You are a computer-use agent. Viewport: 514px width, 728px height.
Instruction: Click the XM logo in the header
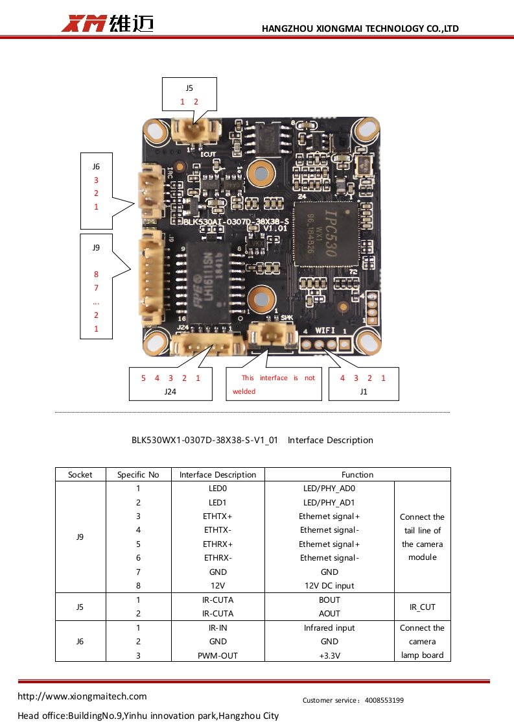coord(84,24)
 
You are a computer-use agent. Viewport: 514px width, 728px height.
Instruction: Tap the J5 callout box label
coord(189,88)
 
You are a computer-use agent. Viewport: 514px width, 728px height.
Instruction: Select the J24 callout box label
coord(170,391)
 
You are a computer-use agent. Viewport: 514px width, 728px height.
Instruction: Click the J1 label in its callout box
coord(363,391)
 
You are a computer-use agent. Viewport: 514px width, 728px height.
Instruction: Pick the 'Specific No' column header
coord(138,474)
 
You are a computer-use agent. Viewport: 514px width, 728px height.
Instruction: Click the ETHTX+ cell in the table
coord(218,516)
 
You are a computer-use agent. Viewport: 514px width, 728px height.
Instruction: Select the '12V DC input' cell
coord(329,585)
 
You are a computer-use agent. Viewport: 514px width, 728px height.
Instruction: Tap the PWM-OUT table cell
coord(218,655)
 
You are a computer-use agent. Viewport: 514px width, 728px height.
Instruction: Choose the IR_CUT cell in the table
coord(422,607)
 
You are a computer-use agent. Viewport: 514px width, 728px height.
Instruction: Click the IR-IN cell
coord(218,627)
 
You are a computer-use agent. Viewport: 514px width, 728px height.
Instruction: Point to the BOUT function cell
coord(329,600)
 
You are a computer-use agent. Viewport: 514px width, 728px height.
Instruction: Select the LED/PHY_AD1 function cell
coord(329,502)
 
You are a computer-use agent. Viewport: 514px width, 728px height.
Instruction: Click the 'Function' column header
coord(357,474)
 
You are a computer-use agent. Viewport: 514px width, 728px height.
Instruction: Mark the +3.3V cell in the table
coord(329,655)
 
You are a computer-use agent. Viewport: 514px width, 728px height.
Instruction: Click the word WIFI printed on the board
coord(325,331)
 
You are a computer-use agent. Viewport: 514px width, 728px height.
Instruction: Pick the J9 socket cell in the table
coord(80,537)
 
